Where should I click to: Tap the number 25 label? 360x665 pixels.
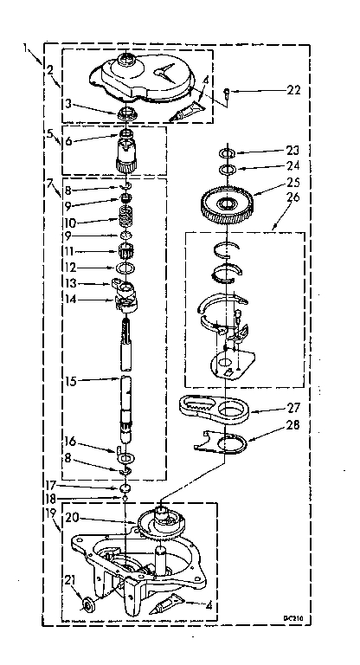[x=294, y=184]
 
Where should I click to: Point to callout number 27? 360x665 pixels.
[x=294, y=409]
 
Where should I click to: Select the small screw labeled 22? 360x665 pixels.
[x=227, y=90]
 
